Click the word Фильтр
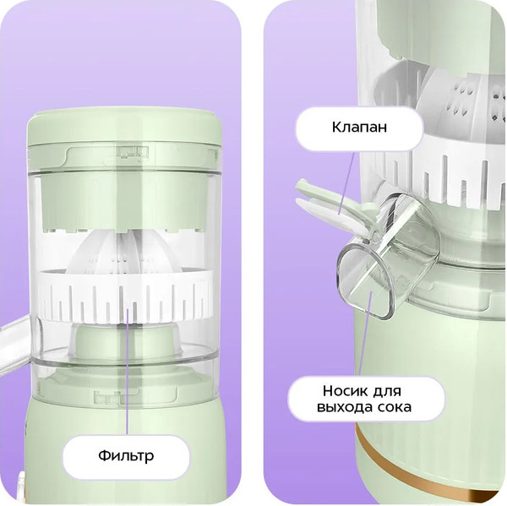tap(126, 455)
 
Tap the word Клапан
tap(359, 127)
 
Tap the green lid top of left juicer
tap(125, 127)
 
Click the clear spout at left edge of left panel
tap(14, 343)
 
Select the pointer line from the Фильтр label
tap(128, 371)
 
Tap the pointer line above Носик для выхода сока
tap(367, 334)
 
